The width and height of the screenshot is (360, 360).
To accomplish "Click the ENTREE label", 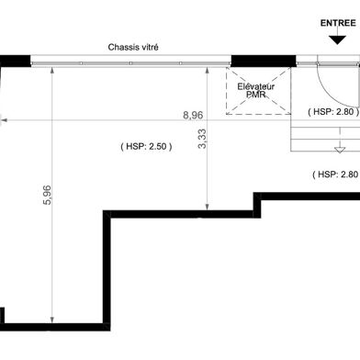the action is click(338, 23).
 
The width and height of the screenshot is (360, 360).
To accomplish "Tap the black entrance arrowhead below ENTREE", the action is click(337, 40).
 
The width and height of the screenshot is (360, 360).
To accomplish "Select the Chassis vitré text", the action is click(133, 48).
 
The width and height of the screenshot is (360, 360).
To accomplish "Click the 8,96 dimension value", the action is click(193, 115).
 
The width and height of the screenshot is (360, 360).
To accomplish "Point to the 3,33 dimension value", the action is click(202, 139).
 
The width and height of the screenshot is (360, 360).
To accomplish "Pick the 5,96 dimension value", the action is click(48, 195).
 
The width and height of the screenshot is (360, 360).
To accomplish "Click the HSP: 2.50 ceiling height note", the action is click(146, 146).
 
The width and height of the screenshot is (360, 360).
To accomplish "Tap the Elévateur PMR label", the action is click(256, 91).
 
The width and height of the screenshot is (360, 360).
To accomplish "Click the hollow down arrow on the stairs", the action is click(340, 150).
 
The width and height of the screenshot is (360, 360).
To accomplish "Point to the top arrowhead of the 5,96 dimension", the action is click(52, 71).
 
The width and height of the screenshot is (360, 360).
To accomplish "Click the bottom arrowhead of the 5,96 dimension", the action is click(52, 320).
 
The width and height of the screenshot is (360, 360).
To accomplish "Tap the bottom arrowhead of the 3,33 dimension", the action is click(208, 207).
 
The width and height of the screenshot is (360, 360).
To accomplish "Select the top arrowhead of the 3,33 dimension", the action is click(208, 71).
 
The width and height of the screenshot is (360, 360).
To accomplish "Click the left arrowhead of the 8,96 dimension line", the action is click(4, 120).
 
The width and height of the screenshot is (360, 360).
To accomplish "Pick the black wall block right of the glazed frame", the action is click(264, 61).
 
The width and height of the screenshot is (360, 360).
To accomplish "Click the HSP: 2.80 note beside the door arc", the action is click(333, 112).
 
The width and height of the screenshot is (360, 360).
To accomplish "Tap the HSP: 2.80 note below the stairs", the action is click(336, 174).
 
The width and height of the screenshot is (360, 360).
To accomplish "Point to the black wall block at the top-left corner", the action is click(16, 61).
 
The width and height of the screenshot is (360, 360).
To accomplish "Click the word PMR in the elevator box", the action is click(256, 95).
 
